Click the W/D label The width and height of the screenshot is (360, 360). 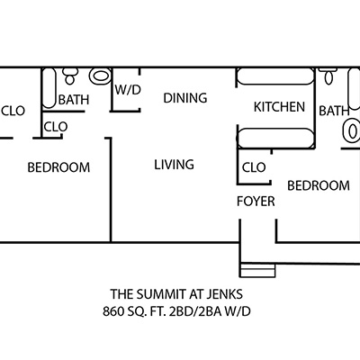pyautogui.click(x=128, y=90)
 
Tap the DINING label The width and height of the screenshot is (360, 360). pyautogui.click(x=185, y=98)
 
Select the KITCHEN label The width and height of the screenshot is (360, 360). pyautogui.click(x=279, y=107)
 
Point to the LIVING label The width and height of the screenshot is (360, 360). pyautogui.click(x=174, y=165)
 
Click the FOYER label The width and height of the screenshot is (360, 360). pyautogui.click(x=256, y=202)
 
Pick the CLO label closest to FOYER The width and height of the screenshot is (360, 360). pyautogui.click(x=254, y=167)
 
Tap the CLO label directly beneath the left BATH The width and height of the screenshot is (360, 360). pyautogui.click(x=56, y=127)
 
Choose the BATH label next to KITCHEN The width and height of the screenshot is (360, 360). pyautogui.click(x=334, y=111)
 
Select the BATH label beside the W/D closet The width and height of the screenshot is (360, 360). pyautogui.click(x=74, y=100)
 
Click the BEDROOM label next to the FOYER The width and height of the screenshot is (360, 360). pyautogui.click(x=319, y=185)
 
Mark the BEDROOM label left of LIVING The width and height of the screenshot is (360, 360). pyautogui.click(x=58, y=167)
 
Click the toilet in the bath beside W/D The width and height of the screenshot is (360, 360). pyautogui.click(x=70, y=76)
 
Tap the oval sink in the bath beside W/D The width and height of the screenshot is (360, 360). pyautogui.click(x=100, y=76)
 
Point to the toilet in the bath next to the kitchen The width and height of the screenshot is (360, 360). pyautogui.click(x=328, y=76)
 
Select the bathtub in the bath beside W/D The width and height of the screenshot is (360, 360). pyautogui.click(x=49, y=87)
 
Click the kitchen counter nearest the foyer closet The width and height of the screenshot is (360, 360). pyautogui.click(x=275, y=138)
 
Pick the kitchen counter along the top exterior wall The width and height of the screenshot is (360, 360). pyautogui.click(x=275, y=76)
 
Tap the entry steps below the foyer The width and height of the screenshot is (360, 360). pyautogui.click(x=257, y=270)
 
